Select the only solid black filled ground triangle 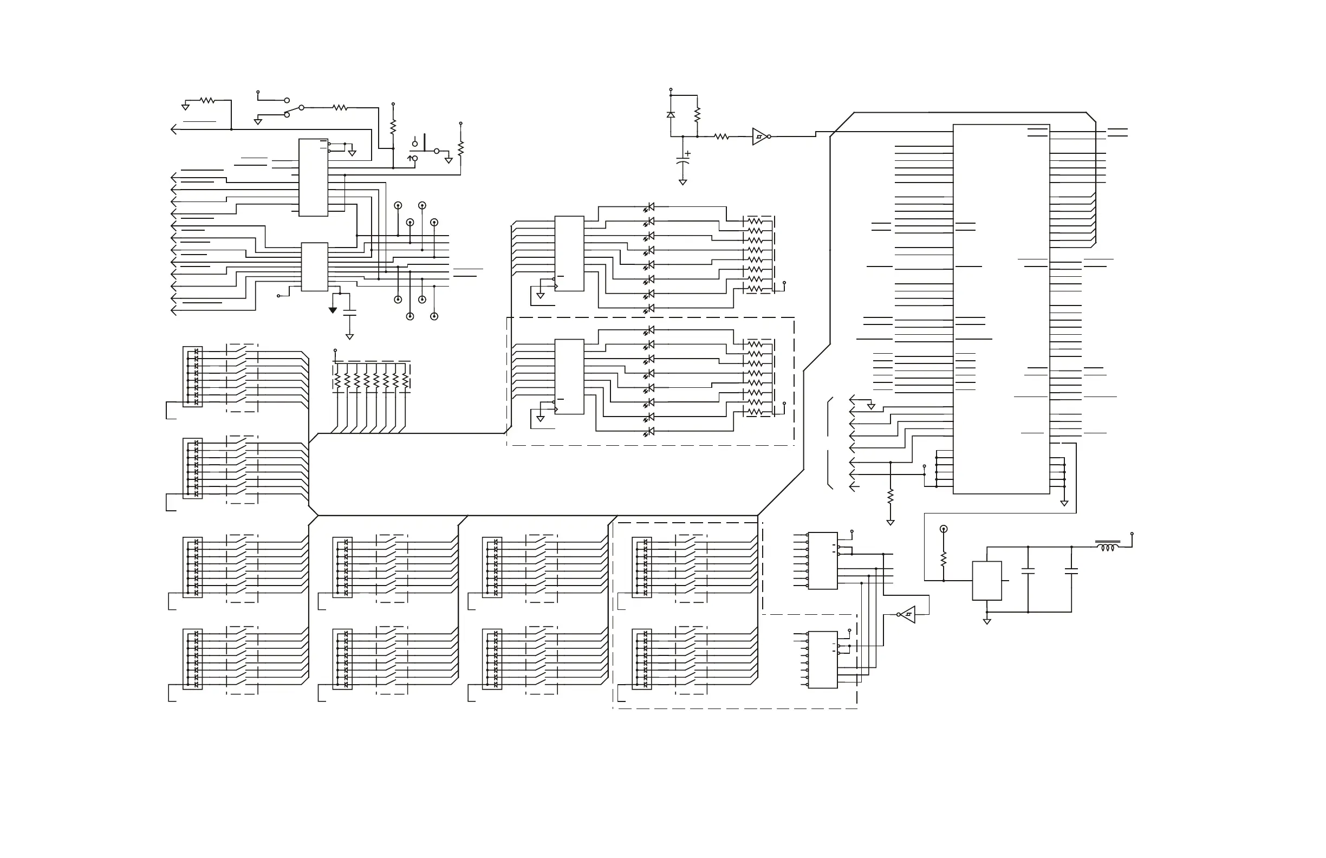tap(333, 310)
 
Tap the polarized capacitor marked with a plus tap(682, 160)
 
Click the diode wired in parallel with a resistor tap(671, 115)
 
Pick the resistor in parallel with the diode tap(697, 115)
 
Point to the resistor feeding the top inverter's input tap(721, 136)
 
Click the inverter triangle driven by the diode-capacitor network tap(759, 136)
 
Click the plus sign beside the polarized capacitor tap(688, 153)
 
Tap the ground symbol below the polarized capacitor tap(682, 182)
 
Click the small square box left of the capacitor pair tap(987, 581)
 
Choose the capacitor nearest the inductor tap(1071, 570)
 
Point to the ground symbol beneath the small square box tap(987, 621)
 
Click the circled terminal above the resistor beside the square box tap(943, 529)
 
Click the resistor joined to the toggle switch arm tap(340, 108)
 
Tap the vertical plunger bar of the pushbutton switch tap(425, 142)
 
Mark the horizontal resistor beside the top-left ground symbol tap(207, 101)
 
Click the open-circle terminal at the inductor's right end tap(1132, 534)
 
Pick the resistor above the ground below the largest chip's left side tap(890, 496)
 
